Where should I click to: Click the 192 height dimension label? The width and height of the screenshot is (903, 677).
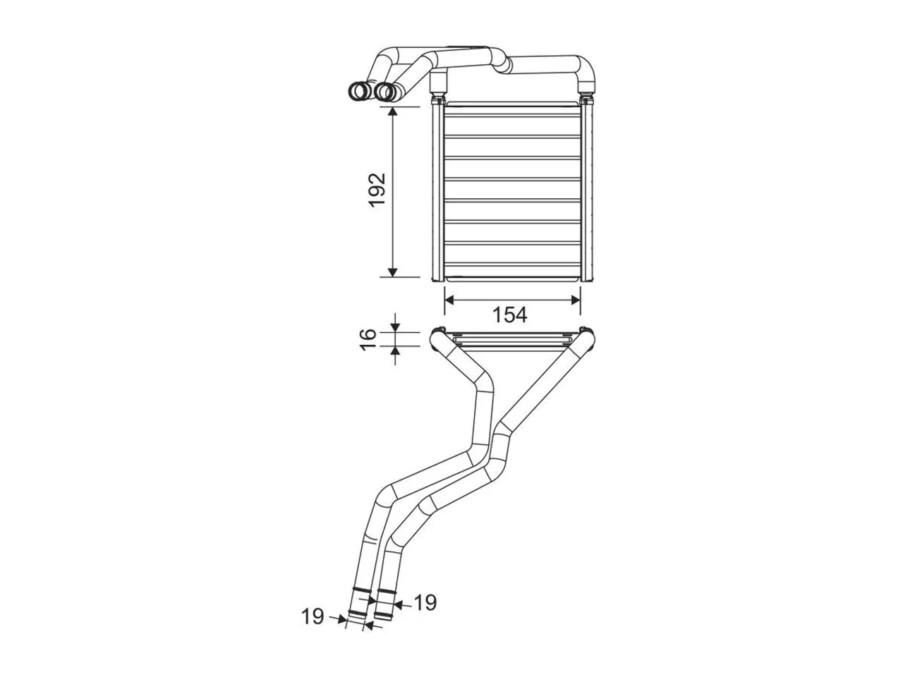[x=377, y=190]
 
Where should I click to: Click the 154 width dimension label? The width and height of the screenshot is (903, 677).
[x=510, y=315]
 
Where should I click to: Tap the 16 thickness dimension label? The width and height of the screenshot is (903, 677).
[x=368, y=339]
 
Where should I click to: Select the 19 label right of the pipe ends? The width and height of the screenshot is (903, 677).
[x=425, y=603]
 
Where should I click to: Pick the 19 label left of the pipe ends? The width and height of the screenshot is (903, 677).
[x=313, y=628]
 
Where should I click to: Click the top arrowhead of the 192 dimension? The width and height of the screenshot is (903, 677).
[x=393, y=112]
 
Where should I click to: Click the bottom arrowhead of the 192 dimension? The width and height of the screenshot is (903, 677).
[x=393, y=272]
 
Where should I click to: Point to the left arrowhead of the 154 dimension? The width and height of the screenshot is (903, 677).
[x=449, y=300]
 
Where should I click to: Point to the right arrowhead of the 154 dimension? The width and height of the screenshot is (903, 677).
[x=576, y=300]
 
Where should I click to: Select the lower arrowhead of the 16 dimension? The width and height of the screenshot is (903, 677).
[x=395, y=351]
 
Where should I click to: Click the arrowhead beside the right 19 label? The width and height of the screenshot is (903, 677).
[x=397, y=604]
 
